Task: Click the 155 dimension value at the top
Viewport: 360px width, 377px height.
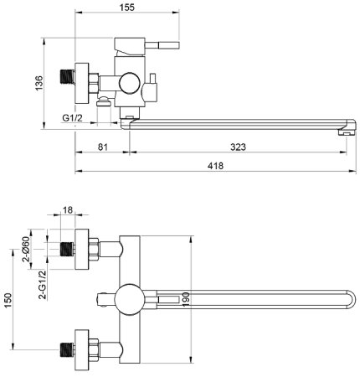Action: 127,8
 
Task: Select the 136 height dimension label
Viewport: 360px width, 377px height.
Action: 39,83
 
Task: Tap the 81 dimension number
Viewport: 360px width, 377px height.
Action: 103,147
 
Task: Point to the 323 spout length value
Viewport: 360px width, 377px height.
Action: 238,147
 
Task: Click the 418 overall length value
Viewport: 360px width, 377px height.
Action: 215,166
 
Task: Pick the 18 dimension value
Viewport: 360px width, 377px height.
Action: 68,209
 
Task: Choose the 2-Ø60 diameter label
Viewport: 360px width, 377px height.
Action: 26,249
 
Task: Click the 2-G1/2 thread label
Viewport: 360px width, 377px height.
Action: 43,285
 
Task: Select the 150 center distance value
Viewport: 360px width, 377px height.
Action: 8,301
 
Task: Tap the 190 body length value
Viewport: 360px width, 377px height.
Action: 186,299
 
